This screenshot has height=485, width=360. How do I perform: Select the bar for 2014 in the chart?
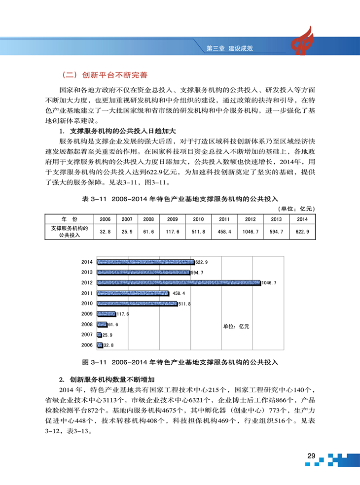click(146, 262)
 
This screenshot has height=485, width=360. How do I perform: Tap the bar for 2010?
click(137, 304)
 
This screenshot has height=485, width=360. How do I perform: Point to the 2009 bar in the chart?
click(106, 314)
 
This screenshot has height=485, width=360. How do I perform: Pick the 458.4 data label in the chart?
click(179, 293)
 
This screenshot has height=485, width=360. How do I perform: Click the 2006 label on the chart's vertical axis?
click(87, 346)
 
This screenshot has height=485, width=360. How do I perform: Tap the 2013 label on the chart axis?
click(87, 272)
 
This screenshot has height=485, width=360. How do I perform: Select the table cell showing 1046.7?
click(251, 231)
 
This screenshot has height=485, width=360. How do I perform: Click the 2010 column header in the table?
click(198, 219)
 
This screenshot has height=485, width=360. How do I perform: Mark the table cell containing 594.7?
click(276, 231)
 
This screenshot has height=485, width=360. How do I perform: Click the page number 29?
click(311, 455)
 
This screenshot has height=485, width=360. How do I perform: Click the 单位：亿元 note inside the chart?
click(237, 326)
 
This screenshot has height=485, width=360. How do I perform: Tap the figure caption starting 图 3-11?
click(180, 362)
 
